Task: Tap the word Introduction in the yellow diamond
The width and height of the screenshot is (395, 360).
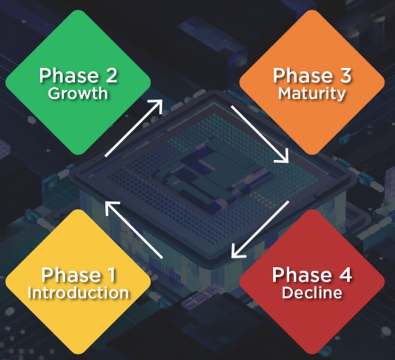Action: [x=78, y=292]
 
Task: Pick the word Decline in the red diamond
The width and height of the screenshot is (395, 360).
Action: [x=311, y=292]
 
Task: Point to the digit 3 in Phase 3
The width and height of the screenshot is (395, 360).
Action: [x=344, y=76]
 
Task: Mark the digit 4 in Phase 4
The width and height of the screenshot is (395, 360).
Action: [x=344, y=275]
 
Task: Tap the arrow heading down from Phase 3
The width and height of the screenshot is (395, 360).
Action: [x=260, y=134]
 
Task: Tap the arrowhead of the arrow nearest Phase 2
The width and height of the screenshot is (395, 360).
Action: [x=158, y=105]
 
